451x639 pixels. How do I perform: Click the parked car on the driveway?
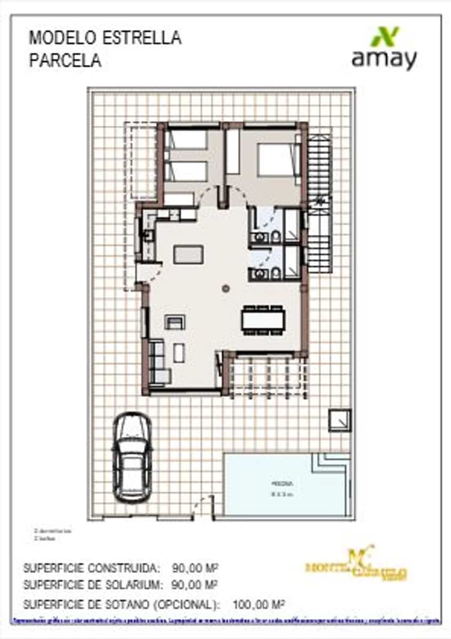132,457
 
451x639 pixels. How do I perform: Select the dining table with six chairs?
263,319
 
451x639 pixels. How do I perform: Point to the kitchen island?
188,254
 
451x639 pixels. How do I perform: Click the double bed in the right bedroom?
277,160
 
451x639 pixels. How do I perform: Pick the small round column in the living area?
226,288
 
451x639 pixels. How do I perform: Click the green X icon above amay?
385,37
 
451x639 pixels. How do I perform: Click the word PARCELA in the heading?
65,61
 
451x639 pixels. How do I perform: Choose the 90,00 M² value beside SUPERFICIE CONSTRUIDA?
195,567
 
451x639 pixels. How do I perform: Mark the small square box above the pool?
340,420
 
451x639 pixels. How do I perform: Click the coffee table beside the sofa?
179,353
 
